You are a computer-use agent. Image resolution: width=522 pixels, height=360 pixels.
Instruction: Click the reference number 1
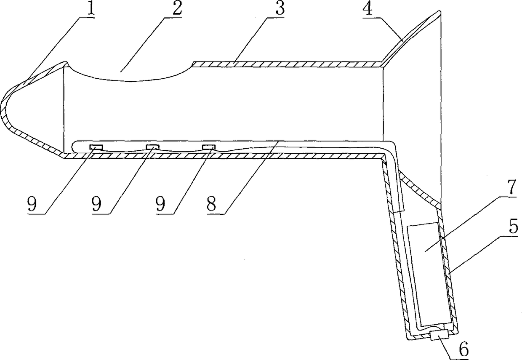pyautogui.click(x=89, y=10)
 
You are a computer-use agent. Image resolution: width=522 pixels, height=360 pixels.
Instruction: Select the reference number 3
pyautogui.click(x=279, y=10)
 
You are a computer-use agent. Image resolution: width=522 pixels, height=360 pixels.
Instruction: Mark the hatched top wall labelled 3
pyautogui.click(x=286, y=64)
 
